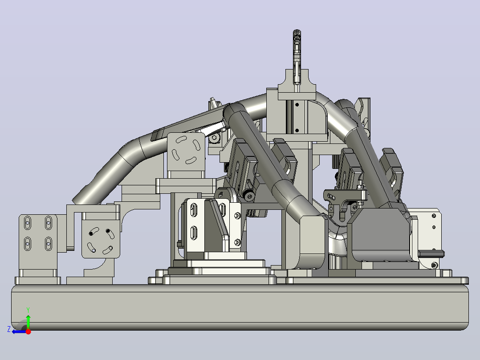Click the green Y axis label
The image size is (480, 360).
point(28,310)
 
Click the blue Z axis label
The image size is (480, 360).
point(9,329)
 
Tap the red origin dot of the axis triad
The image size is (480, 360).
point(28,331)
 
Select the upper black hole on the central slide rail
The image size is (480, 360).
point(297,105)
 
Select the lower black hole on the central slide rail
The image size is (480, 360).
point(297,130)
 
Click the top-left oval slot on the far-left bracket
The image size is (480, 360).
point(28,223)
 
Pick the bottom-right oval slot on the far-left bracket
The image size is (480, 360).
point(49,244)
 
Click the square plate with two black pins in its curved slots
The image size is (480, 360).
point(101,239)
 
